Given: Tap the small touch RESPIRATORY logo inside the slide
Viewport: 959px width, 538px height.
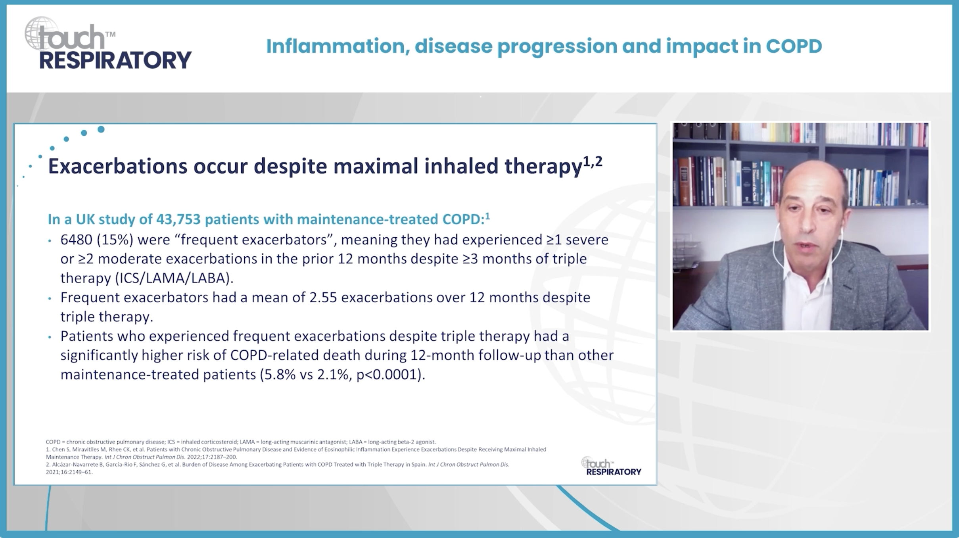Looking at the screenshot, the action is coord(611,467).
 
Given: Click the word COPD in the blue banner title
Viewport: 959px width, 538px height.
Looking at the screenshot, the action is coord(794,46).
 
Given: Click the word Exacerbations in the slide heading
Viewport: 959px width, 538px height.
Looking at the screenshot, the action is coord(117,166).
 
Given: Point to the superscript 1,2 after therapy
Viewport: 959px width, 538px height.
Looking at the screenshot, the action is coord(593,161).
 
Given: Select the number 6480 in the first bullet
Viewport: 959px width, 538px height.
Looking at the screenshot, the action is coord(76,240).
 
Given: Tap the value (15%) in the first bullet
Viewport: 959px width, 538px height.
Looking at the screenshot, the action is coord(115,240).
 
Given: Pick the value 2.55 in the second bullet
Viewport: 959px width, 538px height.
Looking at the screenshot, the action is coord(323,298).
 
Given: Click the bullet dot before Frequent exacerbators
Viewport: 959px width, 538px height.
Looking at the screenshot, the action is coord(50,298).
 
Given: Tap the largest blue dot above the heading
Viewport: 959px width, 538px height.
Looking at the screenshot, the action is coord(101,129).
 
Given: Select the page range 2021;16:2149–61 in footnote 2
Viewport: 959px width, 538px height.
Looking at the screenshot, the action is coord(69,472).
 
